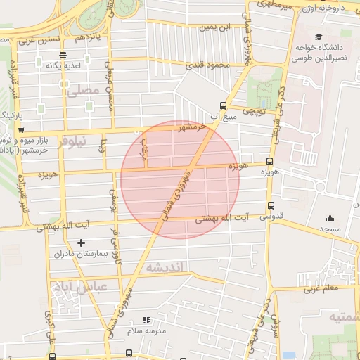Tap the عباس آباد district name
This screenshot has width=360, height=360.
pyautogui.click(x=72, y=288)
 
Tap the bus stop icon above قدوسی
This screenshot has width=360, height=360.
pyautogui.click(x=271, y=206)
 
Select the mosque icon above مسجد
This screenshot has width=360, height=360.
pyautogui.click(x=330, y=218)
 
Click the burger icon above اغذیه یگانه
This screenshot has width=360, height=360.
pyautogui.click(x=63, y=54)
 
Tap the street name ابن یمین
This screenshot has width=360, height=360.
pyautogui.click(x=214, y=27)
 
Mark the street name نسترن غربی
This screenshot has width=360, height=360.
pyautogui.click(x=35, y=39)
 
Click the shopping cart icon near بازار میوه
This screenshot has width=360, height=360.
pyautogui.click(x=22, y=130)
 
